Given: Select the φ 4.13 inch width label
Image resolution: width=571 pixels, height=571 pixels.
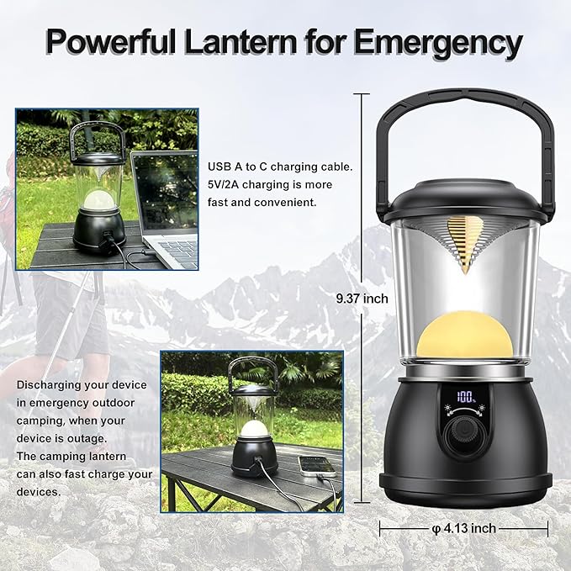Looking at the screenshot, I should pyautogui.click(x=463, y=528).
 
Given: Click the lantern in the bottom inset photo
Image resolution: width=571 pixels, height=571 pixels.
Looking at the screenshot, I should pyautogui.click(x=253, y=420).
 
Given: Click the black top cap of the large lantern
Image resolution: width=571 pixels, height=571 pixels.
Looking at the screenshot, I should pyautogui.click(x=465, y=200).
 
